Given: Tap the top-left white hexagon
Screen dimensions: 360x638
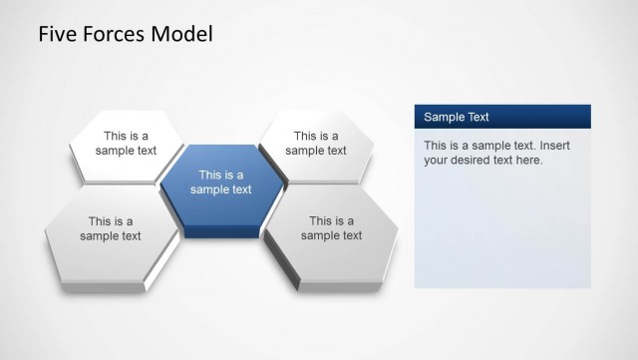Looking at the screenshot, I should (127, 145).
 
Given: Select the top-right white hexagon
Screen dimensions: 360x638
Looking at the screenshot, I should (316, 145).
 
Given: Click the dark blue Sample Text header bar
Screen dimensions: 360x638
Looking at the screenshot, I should (502, 117).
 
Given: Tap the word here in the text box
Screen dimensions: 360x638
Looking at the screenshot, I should (528, 160).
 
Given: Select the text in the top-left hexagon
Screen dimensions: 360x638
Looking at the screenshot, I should (126, 144).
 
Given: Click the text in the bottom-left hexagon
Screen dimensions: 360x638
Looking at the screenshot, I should (111, 228).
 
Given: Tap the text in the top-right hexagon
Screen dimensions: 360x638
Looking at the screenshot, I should (316, 144).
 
